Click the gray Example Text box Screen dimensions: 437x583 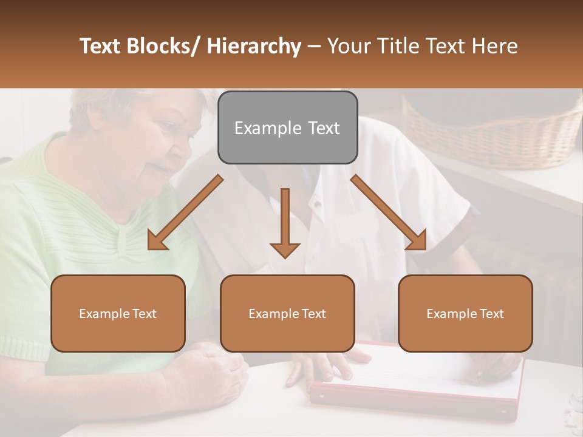(x=287, y=127)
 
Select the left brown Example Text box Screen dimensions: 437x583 (x=118, y=313)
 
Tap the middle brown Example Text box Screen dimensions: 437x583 (x=287, y=313)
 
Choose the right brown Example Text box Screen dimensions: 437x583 (x=465, y=313)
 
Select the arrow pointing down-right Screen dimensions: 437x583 (x=389, y=213)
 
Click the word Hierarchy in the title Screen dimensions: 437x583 (x=254, y=46)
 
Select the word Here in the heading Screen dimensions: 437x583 (x=494, y=46)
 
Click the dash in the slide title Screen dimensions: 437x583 (x=314, y=46)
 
